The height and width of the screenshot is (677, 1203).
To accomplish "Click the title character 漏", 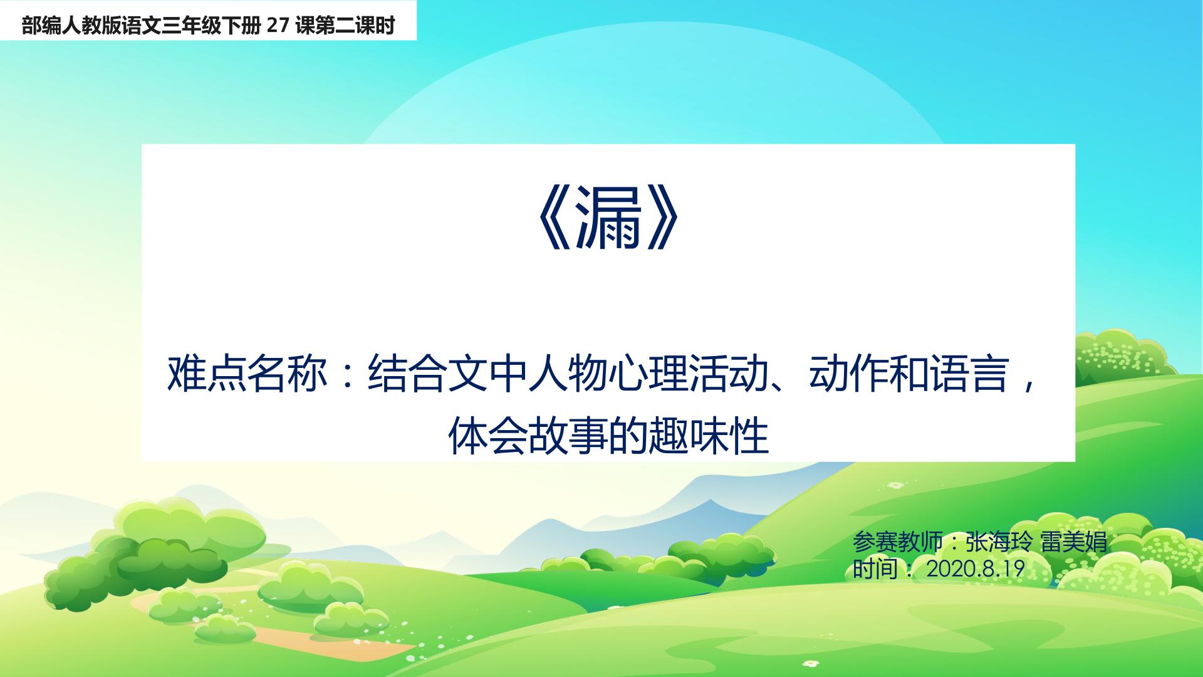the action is (608, 225).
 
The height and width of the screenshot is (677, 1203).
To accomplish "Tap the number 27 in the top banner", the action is (276, 26).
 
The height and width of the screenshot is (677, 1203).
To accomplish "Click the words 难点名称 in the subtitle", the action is (247, 375).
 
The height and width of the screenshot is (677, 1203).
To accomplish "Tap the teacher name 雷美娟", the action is (1074, 542).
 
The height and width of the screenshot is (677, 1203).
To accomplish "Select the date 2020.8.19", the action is (975, 569).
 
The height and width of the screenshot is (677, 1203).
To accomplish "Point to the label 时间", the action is (875, 569).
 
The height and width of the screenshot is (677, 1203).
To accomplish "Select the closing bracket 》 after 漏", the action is (662, 225).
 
